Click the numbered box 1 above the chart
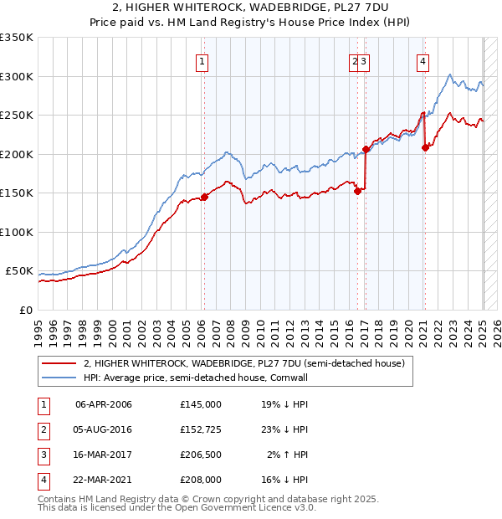coord(202,60)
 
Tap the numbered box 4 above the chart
coord(423,60)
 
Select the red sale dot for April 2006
coord(204,198)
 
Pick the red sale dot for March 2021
coord(425,148)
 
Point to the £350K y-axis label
coord(17,38)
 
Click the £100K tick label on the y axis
coord(17,232)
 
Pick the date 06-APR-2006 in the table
coord(104,403)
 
